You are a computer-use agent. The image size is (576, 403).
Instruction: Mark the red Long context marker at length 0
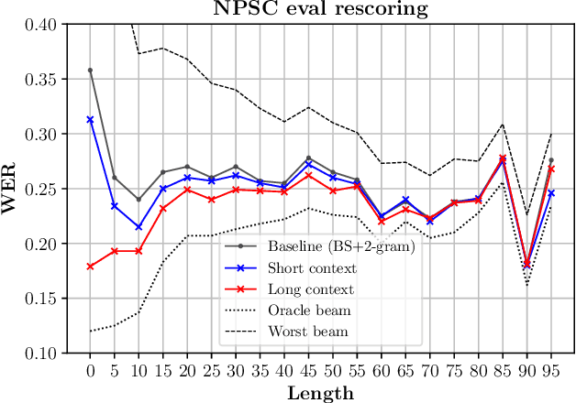[89, 267]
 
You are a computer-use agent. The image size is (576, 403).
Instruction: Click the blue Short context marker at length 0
[89, 119]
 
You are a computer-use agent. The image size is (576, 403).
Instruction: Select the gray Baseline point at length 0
[89, 70]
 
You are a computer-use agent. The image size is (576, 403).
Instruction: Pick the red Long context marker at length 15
[162, 209]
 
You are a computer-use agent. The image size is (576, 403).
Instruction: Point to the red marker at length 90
[526, 265]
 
